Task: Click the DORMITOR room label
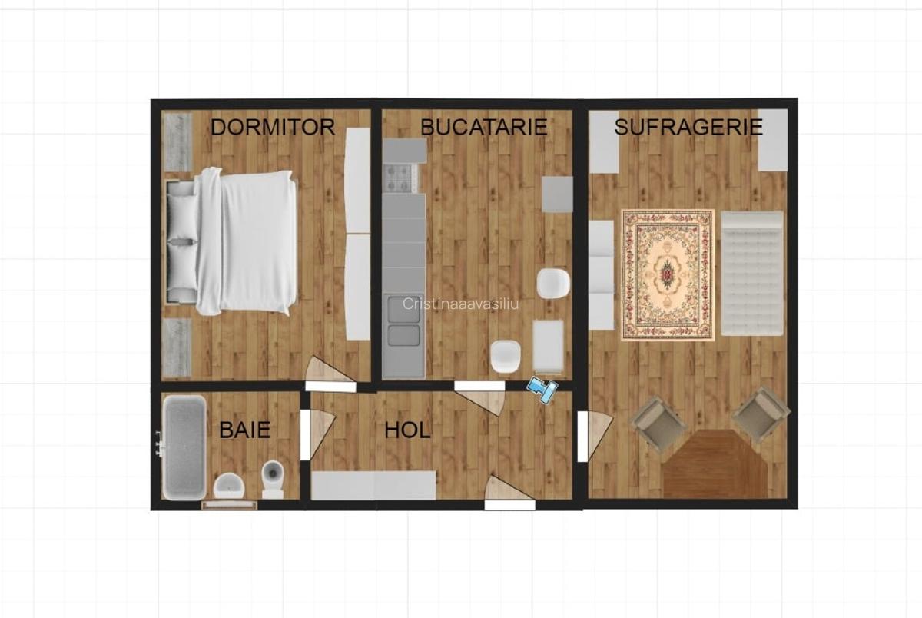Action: [x=273, y=128]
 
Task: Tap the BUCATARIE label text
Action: [x=483, y=127]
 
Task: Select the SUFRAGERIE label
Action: [x=688, y=127]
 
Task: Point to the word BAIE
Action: [x=245, y=430]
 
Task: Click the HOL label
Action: [x=407, y=430]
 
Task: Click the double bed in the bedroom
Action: [x=231, y=241]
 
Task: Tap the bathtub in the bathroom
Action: [x=184, y=447]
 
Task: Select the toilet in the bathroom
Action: [x=273, y=478]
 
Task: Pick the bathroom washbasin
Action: [x=229, y=486]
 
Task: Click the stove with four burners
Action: [x=398, y=178]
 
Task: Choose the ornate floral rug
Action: [x=668, y=275]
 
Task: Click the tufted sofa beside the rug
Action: [x=752, y=274]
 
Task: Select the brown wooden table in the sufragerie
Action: [x=715, y=463]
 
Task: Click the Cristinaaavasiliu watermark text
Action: [x=460, y=304]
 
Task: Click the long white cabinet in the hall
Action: [x=373, y=486]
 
